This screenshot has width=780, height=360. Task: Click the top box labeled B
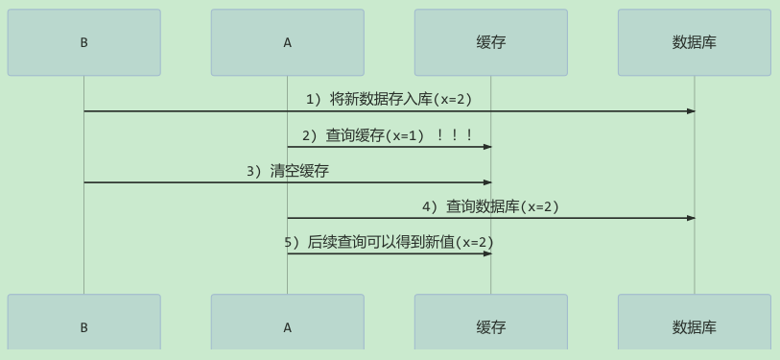tap(84, 42)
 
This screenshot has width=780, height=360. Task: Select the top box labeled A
tap(288, 42)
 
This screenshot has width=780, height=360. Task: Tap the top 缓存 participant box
tap(491, 42)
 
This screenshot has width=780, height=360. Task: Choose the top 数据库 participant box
tap(695, 42)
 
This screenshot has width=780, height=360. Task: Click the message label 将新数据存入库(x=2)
tap(400, 100)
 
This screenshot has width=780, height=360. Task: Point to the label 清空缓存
tap(299, 171)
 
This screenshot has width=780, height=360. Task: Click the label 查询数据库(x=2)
tap(503, 206)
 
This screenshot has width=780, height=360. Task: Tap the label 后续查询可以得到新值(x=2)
tap(400, 243)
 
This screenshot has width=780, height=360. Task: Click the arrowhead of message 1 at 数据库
tap(691, 111)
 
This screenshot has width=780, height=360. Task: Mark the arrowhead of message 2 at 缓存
tap(487, 147)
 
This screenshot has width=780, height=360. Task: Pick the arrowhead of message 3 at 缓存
tap(487, 182)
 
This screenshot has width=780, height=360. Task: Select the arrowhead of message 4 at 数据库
tap(691, 218)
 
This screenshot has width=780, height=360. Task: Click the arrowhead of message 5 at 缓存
tap(487, 253)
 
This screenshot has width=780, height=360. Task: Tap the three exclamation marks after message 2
tap(454, 135)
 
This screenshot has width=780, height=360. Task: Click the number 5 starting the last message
tap(288, 243)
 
